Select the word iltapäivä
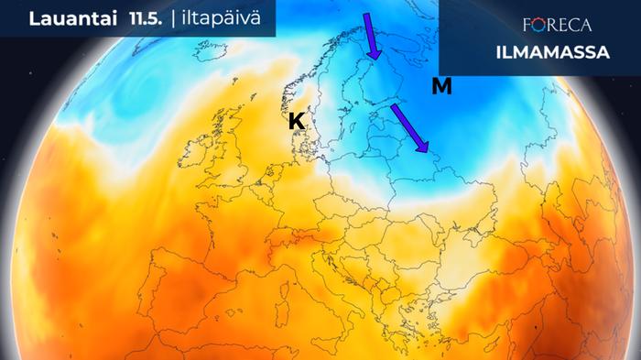pyautogui.click(x=224, y=17)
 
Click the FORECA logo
pyautogui.click(x=556, y=25)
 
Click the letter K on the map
pyautogui.click(x=297, y=121)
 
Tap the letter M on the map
pyautogui.click(x=441, y=87)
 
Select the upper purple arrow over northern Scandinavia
pyautogui.click(x=372, y=36)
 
